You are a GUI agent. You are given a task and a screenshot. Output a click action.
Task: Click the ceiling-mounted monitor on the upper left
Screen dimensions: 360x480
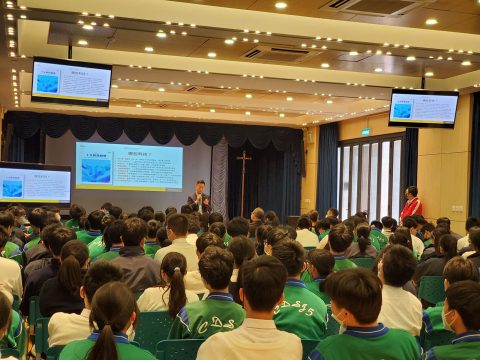[71, 82]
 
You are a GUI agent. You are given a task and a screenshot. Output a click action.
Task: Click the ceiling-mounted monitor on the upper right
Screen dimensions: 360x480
[423, 108]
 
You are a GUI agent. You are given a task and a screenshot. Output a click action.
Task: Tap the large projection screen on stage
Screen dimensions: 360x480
[129, 166]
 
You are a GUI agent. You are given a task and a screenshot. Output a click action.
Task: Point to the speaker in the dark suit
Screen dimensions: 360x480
[199, 196]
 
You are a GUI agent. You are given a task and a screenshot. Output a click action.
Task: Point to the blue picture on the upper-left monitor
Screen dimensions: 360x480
[47, 83]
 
